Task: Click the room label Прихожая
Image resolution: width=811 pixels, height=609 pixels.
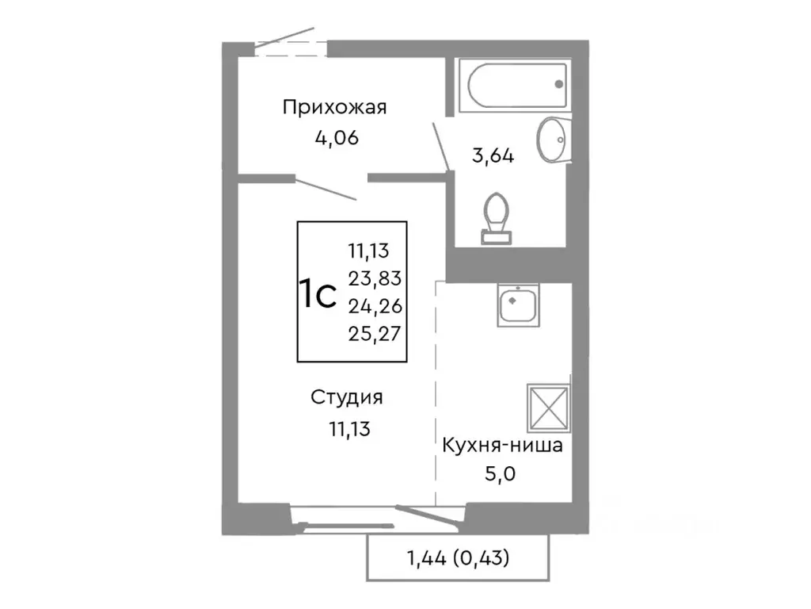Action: pos(334,108)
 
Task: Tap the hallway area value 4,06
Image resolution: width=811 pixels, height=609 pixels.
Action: pos(337,138)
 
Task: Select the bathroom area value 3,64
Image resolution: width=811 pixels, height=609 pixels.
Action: pos(493,155)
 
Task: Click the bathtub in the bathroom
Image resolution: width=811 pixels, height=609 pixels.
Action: pos(516,85)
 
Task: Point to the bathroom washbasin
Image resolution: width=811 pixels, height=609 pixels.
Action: pos(551,140)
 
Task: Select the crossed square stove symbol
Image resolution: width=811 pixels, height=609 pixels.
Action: pos(548,405)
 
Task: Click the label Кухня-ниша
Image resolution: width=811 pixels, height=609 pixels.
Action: pos(502,445)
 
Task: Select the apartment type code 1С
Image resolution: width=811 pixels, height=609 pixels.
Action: pos(318,293)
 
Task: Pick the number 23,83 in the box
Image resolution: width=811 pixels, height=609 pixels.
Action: pos(375,278)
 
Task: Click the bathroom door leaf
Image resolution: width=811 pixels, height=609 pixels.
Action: pos(441,146)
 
